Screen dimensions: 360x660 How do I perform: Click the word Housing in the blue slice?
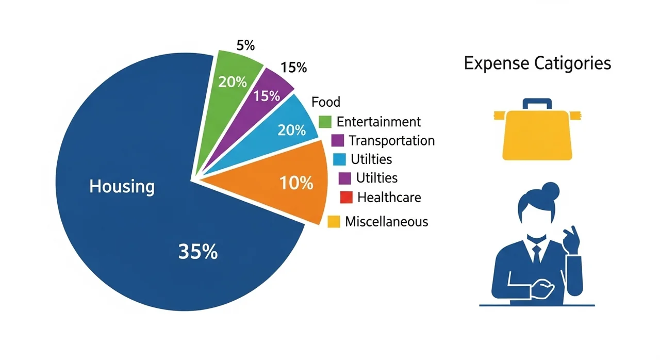coord(122,186)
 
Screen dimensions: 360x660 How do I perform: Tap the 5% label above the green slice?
coord(245,45)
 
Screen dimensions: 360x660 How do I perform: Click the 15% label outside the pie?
coord(293,67)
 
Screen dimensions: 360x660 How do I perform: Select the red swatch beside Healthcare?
coord(346,197)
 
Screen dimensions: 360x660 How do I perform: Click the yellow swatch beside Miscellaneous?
coord(334,222)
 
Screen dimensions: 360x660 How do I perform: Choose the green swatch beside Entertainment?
coord(325,122)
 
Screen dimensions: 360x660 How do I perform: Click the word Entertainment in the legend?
coord(378,122)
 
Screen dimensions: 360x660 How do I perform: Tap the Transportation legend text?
coord(391,140)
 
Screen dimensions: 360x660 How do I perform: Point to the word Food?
coord(326,102)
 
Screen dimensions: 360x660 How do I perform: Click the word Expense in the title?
coord(497,63)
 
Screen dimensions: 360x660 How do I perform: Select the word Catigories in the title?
coord(572,63)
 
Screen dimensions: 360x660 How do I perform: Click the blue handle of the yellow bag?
coord(537,104)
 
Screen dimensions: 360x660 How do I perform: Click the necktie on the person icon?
coord(536,254)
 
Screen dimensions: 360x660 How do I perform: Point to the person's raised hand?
coord(572,237)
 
